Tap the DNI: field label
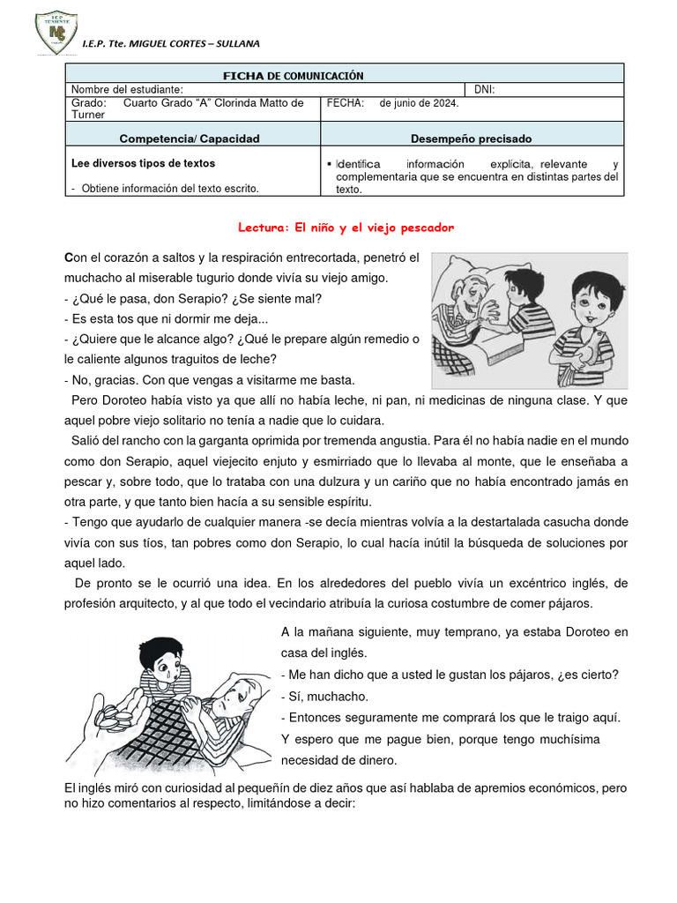click(x=486, y=89)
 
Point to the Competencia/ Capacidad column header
click(x=190, y=138)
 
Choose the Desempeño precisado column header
click(x=471, y=138)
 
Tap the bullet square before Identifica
click(x=328, y=165)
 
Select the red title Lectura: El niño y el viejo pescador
click(x=346, y=228)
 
